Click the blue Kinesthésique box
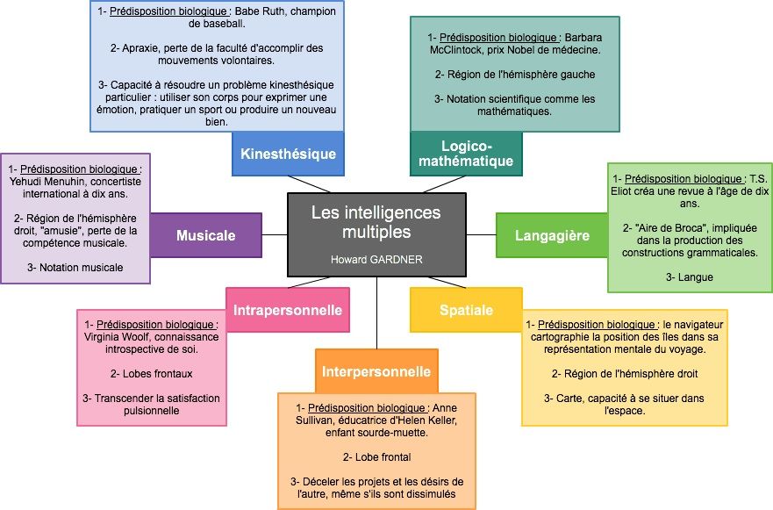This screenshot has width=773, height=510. pyautogui.click(x=288, y=154)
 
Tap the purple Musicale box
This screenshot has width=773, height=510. pyautogui.click(x=205, y=235)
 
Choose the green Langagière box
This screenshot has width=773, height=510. pyautogui.click(x=552, y=235)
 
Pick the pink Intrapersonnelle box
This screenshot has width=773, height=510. pyautogui.click(x=287, y=309)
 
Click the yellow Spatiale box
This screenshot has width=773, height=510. pyautogui.click(x=466, y=310)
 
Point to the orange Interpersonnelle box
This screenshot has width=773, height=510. pyautogui.click(x=375, y=370)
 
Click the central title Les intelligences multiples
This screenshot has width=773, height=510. pyautogui.click(x=376, y=222)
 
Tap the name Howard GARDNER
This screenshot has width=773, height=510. pyautogui.click(x=376, y=260)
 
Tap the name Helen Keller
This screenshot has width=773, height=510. pyautogui.click(x=420, y=420)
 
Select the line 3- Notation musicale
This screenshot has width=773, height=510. pyautogui.click(x=75, y=267)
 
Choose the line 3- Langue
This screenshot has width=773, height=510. pyautogui.click(x=690, y=277)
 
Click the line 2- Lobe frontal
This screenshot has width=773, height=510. pyautogui.click(x=377, y=456)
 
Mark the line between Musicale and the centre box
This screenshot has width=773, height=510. pyautogui.click(x=275, y=235)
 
